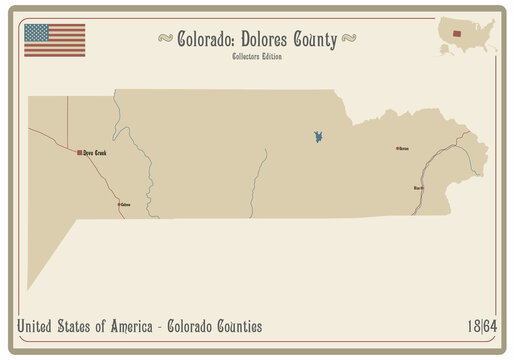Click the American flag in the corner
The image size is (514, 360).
pos(54,40)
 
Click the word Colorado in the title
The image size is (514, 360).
pos(205,39)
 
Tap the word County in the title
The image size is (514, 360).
pos(316,39)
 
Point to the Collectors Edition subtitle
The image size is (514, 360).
pos(257,56)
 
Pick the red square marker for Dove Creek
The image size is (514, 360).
pos(80,153)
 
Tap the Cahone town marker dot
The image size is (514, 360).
pos(119,205)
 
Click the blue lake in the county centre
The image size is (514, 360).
pos(315,136)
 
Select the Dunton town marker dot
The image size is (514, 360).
pos(396,148)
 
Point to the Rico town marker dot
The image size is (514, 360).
pos(421,187)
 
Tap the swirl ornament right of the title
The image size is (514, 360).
pos(349,40)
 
